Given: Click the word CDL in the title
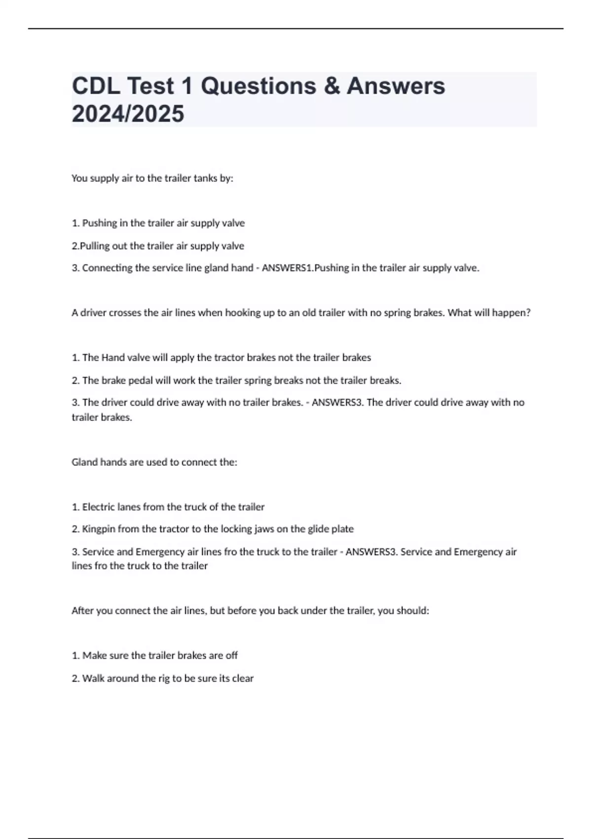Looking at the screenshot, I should pos(96,86).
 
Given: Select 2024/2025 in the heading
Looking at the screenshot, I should pos(128,114).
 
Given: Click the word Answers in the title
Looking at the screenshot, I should pos(396,86).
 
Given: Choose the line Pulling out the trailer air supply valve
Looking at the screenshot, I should pos(158,246).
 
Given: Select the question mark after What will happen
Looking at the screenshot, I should pos(528,312).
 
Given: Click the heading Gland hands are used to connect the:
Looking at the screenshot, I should pos(154,462).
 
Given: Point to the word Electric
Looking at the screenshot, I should pos(99,507).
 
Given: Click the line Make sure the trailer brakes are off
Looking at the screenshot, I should pos(155,655).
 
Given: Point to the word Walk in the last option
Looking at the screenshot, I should pos(93,678).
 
